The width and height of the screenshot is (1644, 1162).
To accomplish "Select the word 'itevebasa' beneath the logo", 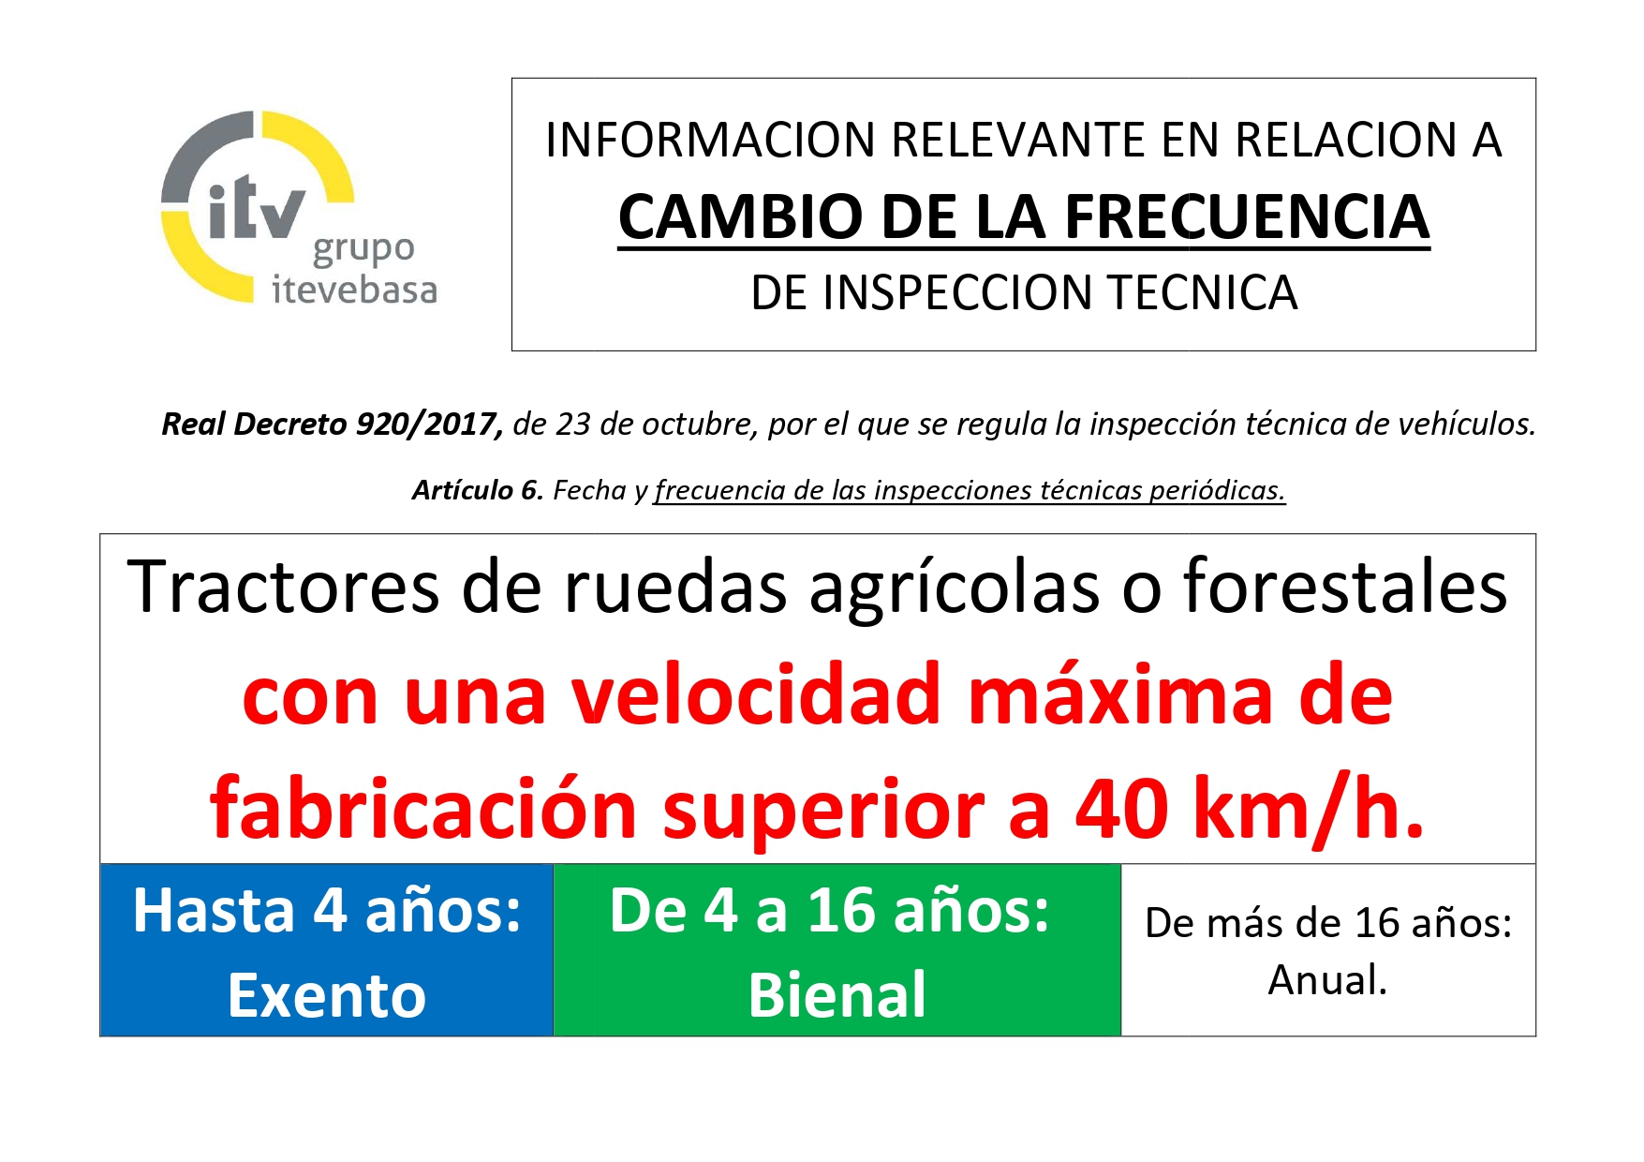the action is pos(354,290).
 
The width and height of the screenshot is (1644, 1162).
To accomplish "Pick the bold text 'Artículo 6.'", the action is pos(478,490).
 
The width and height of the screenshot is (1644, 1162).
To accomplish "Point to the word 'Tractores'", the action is pos(283,588).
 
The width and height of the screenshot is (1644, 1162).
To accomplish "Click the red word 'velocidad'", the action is pos(756,695).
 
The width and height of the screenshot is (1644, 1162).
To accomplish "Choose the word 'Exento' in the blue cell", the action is pos(327,995).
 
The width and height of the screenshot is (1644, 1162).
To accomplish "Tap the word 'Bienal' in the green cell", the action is pos(837,994).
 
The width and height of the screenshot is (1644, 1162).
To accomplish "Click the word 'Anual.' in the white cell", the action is pos(1327,980).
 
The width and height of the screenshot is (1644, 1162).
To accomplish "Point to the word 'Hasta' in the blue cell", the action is pos(215,910).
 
